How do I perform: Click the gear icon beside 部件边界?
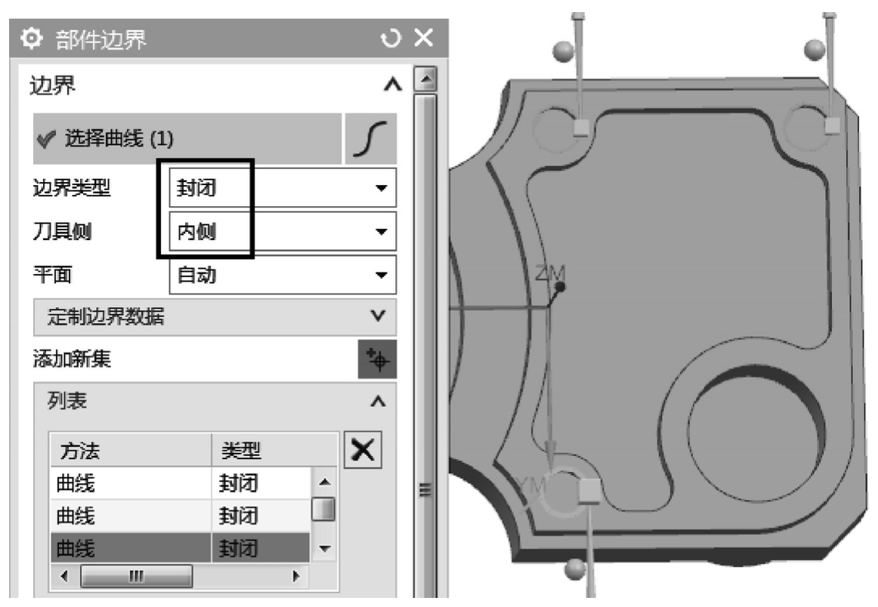(32, 39)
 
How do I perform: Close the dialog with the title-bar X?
(423, 38)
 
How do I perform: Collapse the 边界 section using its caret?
(392, 85)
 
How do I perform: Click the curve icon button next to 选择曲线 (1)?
(371, 138)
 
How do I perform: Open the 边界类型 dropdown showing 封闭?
(283, 188)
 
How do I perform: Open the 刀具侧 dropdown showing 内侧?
(283, 231)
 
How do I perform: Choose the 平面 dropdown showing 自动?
(283, 275)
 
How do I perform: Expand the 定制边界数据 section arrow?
(378, 316)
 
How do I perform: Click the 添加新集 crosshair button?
(377, 359)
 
